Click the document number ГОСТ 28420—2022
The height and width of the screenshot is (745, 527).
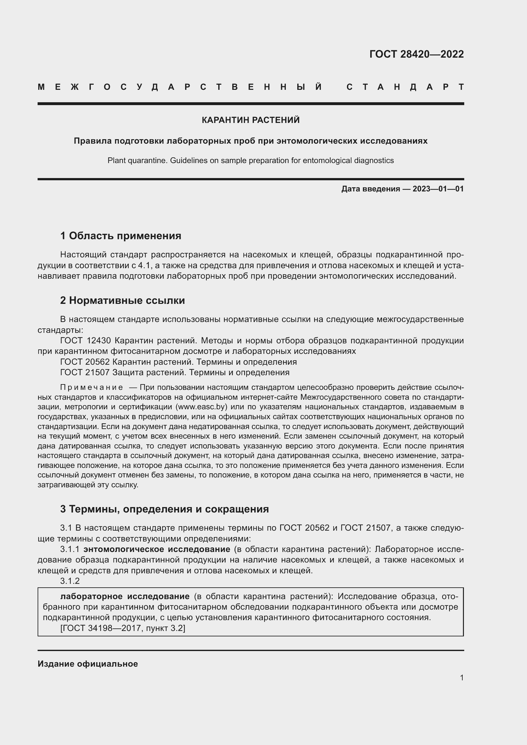(416, 54)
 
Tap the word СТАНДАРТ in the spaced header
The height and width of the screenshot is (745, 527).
(405, 87)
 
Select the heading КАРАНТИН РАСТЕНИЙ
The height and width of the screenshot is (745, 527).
(250, 120)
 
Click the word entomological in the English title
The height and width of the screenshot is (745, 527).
(328, 160)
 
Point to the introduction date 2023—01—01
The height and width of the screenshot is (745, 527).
(438, 189)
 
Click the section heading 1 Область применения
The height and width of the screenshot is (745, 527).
(121, 236)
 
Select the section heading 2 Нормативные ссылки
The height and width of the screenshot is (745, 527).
(122, 300)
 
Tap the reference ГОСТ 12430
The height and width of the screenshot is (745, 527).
(86, 341)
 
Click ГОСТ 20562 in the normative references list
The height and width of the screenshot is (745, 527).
(85, 362)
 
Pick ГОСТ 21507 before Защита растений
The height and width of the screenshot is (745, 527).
(85, 372)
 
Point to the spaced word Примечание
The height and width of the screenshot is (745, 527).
(91, 387)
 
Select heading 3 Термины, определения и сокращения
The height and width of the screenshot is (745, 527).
(164, 509)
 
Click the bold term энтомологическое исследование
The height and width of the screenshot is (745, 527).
(157, 549)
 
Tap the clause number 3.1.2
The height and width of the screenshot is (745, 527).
(70, 581)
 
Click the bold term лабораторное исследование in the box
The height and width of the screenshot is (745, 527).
(125, 596)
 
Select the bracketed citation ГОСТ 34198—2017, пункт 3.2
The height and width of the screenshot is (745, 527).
(123, 628)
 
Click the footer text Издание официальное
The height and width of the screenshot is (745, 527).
(88, 664)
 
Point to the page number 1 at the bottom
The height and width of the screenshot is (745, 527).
(461, 677)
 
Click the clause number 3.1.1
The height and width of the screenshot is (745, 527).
(70, 549)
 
